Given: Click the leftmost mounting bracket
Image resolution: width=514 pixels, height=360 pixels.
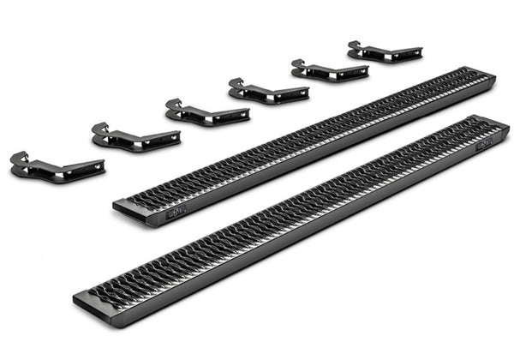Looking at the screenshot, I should (x=56, y=165).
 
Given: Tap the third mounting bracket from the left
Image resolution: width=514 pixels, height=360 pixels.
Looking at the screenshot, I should (x=206, y=112).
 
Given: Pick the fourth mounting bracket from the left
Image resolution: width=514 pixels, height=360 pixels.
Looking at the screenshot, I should (x=266, y=90).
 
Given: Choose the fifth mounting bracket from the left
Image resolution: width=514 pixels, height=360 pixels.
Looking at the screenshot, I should (x=328, y=70).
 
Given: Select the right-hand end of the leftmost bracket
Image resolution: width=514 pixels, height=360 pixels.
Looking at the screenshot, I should (x=100, y=165).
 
